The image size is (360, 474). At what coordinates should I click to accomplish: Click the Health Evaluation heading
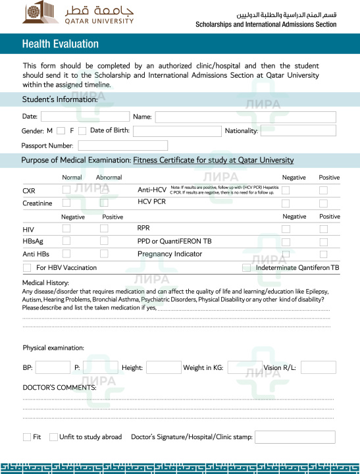tap(60, 44)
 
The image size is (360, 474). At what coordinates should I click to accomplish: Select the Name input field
tap(245, 117)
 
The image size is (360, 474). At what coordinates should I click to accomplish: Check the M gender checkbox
tap(61, 131)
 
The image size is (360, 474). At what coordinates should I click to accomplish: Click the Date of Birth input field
tap(177, 131)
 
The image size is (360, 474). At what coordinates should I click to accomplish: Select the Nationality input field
tap(297, 130)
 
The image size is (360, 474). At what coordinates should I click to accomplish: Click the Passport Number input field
tap(123, 145)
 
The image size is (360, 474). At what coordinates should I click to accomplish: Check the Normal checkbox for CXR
tap(66, 190)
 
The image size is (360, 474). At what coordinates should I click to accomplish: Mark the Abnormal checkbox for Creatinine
tap(104, 203)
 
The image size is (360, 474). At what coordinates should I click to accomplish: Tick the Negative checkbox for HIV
tap(66, 228)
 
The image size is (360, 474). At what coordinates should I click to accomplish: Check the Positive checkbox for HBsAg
tap(104, 241)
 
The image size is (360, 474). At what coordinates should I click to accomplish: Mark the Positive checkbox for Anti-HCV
tap(323, 190)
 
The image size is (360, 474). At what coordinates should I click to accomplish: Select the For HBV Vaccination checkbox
tap(27, 268)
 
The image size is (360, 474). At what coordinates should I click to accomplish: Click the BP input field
tap(53, 367)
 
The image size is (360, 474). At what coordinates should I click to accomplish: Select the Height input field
tap(163, 367)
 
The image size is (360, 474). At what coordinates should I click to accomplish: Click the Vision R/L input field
tap(318, 367)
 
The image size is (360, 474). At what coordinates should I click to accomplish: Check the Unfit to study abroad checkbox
tap(53, 437)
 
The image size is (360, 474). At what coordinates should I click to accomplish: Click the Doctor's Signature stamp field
tap(294, 437)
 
